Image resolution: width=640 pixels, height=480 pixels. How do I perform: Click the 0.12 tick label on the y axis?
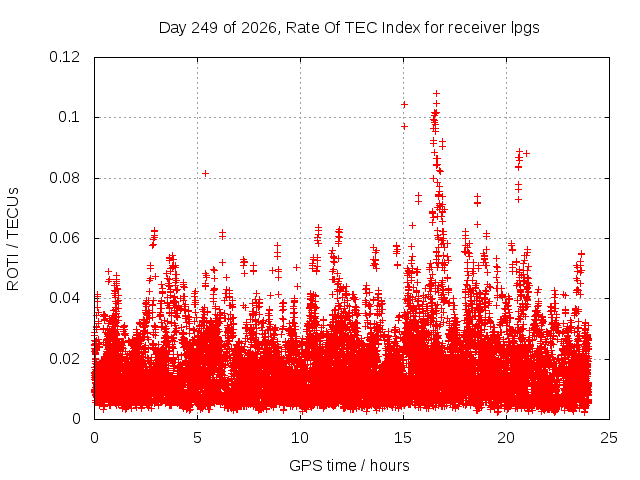coord(64,57)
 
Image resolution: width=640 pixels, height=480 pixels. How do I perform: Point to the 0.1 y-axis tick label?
coord(69,117)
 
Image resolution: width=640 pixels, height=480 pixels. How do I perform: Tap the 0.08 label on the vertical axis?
coord(64,178)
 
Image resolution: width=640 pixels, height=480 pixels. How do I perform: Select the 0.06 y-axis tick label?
coord(64,238)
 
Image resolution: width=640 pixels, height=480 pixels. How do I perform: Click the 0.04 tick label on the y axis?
coord(64,298)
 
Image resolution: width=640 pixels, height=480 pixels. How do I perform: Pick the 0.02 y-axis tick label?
coord(64,359)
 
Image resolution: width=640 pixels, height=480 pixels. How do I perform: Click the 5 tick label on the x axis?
coord(198,438)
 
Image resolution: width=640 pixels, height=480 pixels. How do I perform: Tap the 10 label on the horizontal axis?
coord(300,438)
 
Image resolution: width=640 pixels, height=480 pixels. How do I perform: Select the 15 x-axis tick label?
coord(403,438)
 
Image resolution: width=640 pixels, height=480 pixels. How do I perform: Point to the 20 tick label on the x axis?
coord(506,438)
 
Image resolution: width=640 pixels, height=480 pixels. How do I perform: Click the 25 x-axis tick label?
coord(609,438)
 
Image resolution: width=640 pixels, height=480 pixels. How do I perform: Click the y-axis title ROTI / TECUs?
coord(13,239)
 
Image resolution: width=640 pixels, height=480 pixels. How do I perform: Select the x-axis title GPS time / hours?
coord(349,465)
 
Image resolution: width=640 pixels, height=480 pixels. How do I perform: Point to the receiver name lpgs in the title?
coord(525,29)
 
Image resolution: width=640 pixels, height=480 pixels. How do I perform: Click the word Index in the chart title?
coord(401,28)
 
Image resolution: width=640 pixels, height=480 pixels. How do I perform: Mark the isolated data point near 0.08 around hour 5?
coord(206,173)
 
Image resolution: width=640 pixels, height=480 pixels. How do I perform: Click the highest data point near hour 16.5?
coord(436,93)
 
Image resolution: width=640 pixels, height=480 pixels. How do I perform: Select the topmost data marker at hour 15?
coord(404,104)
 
